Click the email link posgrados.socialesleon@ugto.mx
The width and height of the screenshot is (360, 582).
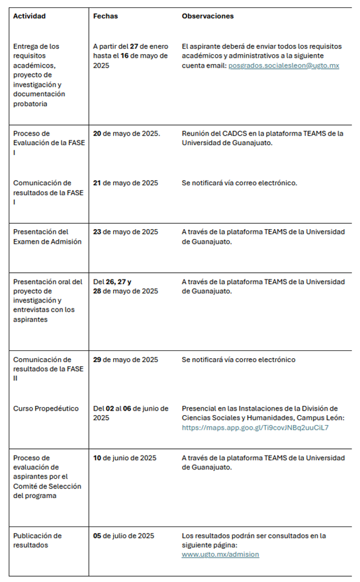[x=283, y=66]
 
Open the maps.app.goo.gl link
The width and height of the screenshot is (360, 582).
[x=255, y=428]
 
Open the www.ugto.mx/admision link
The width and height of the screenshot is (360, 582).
[x=220, y=554]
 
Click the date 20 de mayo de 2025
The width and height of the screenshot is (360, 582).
[x=126, y=134]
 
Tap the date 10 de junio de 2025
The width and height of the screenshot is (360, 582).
[x=124, y=458]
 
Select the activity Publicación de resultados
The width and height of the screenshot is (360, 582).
[x=37, y=540]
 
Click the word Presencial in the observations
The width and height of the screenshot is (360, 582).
[x=200, y=409]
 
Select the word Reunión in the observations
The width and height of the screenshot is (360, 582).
[x=195, y=134]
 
